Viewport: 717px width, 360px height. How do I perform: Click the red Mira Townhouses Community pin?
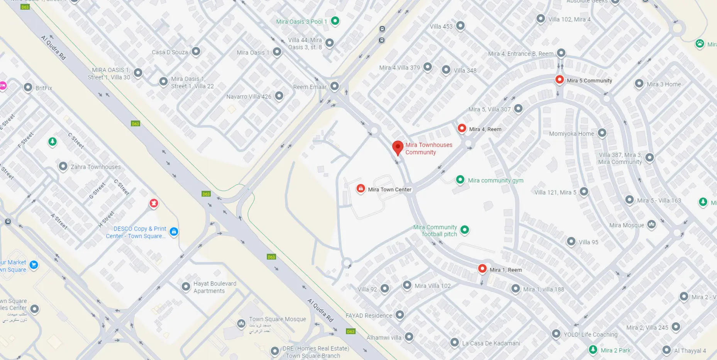(398, 148)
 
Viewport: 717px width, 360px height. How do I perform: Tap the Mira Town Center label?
(390, 190)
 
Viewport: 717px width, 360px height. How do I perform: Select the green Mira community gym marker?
(460, 180)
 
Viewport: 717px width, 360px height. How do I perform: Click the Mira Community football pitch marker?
(465, 230)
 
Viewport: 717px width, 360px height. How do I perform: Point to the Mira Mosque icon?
(651, 224)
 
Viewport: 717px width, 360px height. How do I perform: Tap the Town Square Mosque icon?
(241, 323)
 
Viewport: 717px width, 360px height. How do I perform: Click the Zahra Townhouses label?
(95, 167)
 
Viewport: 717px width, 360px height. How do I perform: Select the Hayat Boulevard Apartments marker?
(186, 286)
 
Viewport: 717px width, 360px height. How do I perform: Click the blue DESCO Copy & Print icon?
(174, 232)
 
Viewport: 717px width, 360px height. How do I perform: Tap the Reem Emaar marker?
(335, 86)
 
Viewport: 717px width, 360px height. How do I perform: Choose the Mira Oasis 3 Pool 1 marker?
(335, 21)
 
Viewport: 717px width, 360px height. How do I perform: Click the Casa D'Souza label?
(170, 52)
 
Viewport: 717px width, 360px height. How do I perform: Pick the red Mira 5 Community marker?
(559, 80)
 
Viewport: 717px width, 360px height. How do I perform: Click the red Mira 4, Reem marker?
(462, 128)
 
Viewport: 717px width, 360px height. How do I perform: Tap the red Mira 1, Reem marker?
(482, 268)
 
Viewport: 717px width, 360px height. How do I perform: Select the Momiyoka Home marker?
(602, 133)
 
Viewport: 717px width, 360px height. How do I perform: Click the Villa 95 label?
(588, 242)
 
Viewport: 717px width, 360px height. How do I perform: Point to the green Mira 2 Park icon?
(593, 350)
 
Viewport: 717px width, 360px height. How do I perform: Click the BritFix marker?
(28, 87)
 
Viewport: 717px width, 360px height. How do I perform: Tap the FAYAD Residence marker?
(400, 315)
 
